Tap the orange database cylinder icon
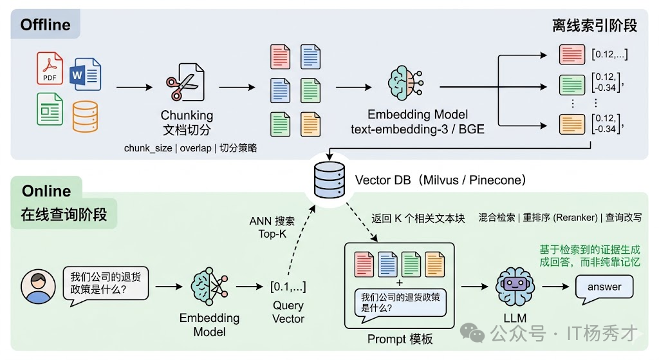tap(85, 117)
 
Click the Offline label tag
tap(45, 25)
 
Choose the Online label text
tap(46, 191)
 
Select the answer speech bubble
tap(604, 287)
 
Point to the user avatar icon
tap(37, 287)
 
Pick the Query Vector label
tap(288, 312)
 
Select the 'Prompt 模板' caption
tap(400, 339)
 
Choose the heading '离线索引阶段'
tap(595, 26)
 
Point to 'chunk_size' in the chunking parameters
tap(147, 148)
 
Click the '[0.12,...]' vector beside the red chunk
tap(609, 54)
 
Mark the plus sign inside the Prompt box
tap(400, 282)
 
